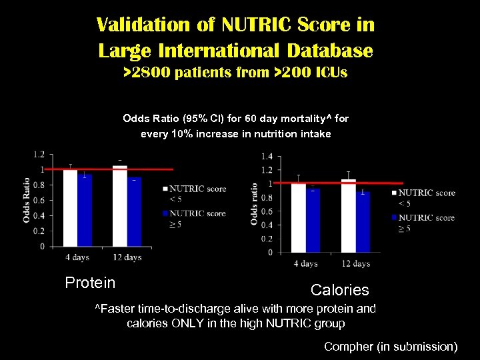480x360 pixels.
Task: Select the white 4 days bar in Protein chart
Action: (69, 207)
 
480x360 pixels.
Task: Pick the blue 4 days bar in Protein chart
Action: (84, 211)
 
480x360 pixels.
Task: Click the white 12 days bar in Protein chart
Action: (119, 206)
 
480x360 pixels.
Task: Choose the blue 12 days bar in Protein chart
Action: (134, 212)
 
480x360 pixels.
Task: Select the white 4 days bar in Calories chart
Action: (298, 217)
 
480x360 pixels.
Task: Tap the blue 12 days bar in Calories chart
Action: (363, 222)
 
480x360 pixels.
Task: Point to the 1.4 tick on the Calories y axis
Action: (267, 156)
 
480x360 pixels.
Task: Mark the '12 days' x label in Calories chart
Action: (356, 264)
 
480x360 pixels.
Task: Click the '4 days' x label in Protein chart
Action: (77, 257)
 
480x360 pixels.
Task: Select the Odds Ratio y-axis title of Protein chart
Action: (27, 200)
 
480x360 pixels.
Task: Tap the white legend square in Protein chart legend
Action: (165, 189)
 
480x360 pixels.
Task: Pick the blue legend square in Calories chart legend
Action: (393, 217)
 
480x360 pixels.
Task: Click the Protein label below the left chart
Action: (90, 283)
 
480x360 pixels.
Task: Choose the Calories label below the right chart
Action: (339, 290)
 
